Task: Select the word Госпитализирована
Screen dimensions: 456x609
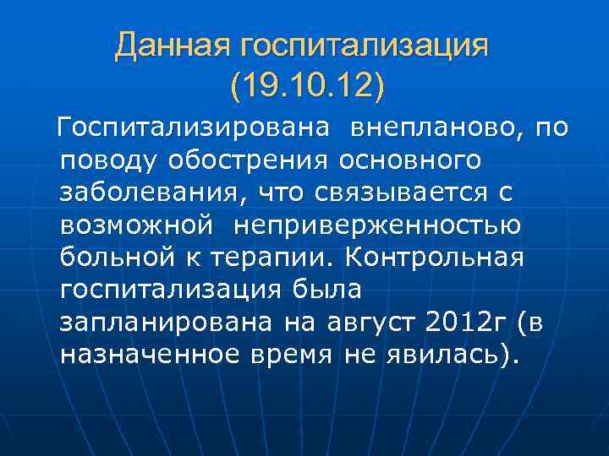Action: coord(191,128)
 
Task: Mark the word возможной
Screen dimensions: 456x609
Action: coord(135,226)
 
